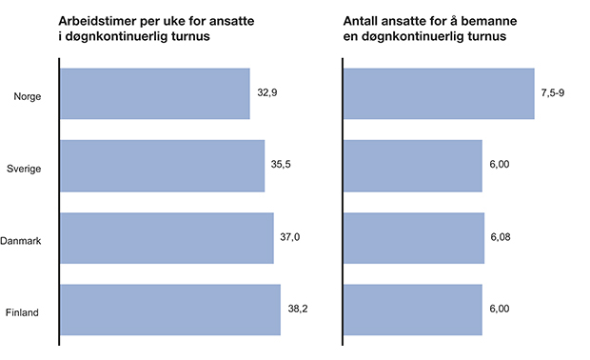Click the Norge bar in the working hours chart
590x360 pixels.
(155, 93)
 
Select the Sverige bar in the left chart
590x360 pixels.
(163, 166)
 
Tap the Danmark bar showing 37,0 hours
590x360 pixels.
(167, 238)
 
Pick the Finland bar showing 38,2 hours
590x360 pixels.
(170, 310)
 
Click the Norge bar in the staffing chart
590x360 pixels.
(438, 93)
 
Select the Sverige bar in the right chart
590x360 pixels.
(411, 166)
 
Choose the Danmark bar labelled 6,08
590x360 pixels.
(412, 238)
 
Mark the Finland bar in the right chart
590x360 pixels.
(411, 310)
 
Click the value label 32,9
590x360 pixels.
(267, 93)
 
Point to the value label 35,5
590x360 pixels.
(281, 165)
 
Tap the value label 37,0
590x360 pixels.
(291, 237)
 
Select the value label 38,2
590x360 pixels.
(298, 309)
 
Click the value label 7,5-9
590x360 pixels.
(554, 93)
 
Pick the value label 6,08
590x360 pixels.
(501, 237)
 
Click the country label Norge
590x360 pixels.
(26, 94)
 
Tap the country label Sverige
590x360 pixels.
(23, 167)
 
